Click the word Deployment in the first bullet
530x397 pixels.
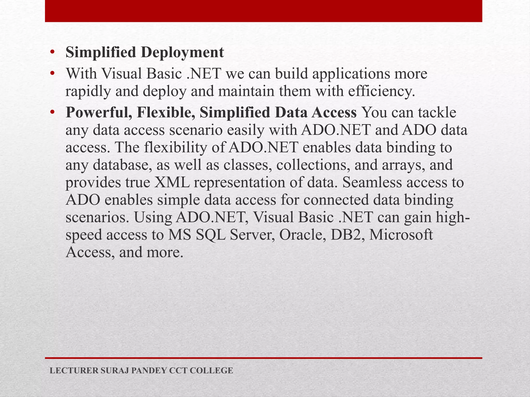tap(182, 53)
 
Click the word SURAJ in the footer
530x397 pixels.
tap(114, 371)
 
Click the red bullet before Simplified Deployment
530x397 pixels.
tap(53, 52)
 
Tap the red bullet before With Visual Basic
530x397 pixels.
tap(53, 74)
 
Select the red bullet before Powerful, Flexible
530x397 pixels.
tap(53, 112)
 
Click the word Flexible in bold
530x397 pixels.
tap(166, 113)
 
